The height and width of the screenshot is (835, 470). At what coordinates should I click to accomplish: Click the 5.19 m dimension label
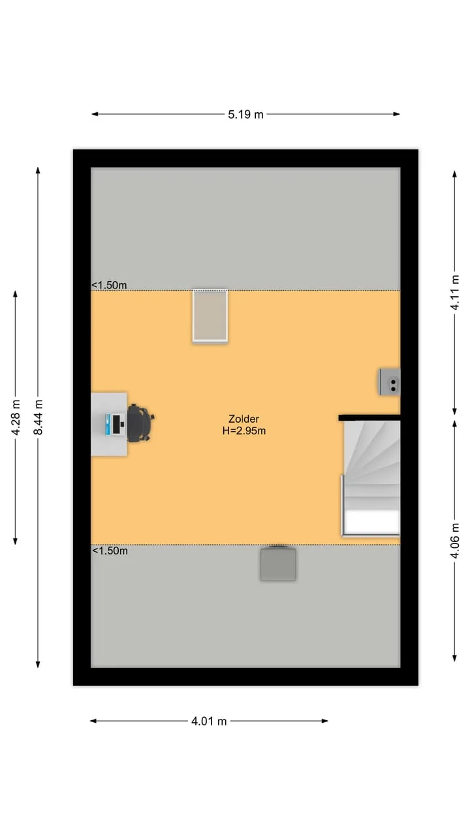(245, 114)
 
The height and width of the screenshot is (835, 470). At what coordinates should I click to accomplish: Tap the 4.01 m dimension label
(209, 721)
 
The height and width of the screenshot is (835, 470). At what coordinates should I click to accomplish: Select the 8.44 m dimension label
(38, 417)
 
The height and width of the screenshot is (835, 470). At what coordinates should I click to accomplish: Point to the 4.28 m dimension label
(16, 417)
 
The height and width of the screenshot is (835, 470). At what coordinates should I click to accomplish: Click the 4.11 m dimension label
(455, 293)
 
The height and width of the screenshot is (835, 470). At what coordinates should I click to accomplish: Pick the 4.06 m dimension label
(455, 541)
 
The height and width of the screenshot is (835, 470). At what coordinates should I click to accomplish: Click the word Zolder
(243, 419)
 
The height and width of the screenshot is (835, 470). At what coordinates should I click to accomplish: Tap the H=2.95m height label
(244, 431)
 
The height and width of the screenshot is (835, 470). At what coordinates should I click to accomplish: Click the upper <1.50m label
(109, 285)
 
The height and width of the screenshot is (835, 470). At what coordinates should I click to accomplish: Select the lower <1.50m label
(110, 551)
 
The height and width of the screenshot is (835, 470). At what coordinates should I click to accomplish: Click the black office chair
(140, 423)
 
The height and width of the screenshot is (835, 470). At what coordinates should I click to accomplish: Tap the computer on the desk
(115, 424)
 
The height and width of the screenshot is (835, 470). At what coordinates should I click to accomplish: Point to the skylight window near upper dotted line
(210, 316)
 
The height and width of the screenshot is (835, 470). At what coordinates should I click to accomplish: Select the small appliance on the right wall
(390, 382)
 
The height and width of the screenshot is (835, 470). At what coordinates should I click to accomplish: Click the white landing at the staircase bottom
(371, 522)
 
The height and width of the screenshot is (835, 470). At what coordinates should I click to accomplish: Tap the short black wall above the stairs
(369, 417)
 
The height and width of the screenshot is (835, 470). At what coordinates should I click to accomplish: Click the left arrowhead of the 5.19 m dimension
(95, 114)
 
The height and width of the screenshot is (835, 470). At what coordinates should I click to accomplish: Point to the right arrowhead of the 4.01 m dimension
(325, 721)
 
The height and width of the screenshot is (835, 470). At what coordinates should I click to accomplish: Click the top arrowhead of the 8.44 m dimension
(38, 170)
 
